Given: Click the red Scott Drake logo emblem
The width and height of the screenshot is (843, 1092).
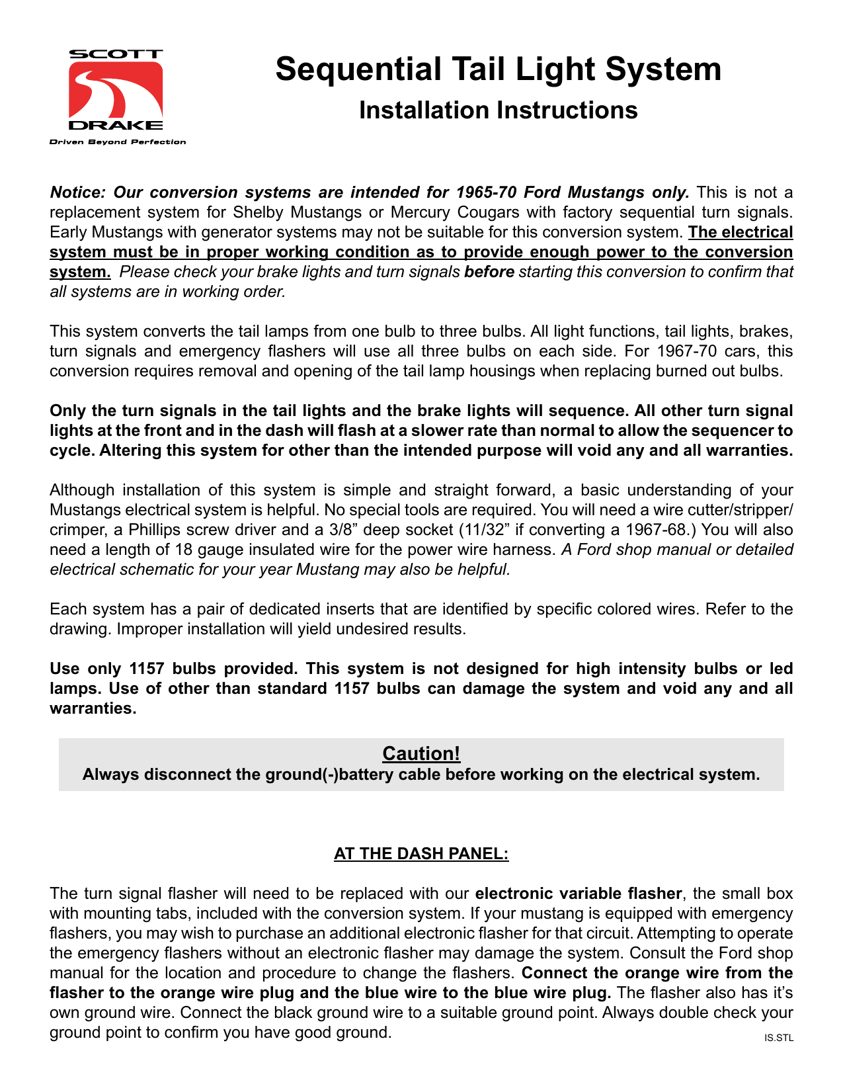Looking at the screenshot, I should click(116, 90).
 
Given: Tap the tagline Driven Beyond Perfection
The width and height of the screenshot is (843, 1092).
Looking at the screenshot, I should click(118, 142).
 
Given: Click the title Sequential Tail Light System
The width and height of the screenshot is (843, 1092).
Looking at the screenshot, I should click(498, 69).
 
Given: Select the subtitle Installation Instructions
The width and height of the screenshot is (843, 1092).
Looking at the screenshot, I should click(498, 110).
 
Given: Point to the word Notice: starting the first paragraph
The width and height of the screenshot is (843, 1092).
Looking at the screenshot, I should click(77, 192).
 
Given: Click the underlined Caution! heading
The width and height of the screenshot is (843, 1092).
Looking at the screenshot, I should click(421, 753).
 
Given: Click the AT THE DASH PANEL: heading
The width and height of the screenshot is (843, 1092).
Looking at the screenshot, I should click(421, 854).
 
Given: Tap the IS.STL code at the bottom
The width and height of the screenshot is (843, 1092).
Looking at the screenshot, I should click(778, 1038).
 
